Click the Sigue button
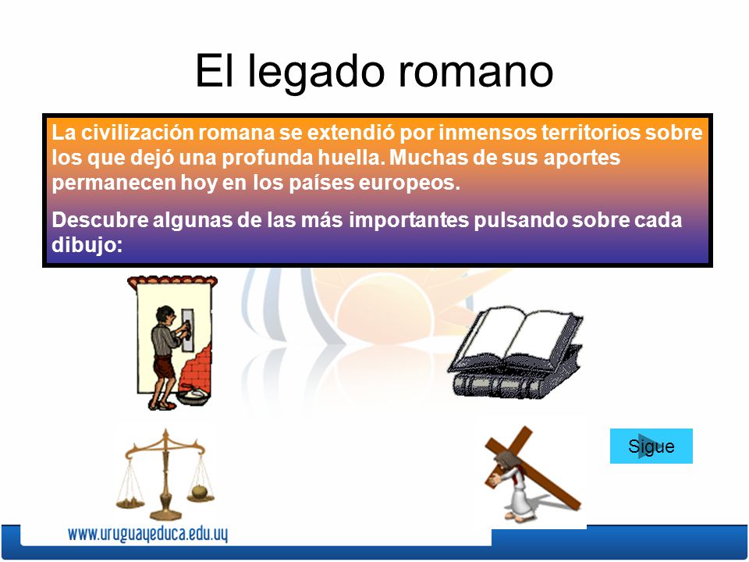click(651, 446)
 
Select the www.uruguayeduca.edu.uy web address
click(147, 535)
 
